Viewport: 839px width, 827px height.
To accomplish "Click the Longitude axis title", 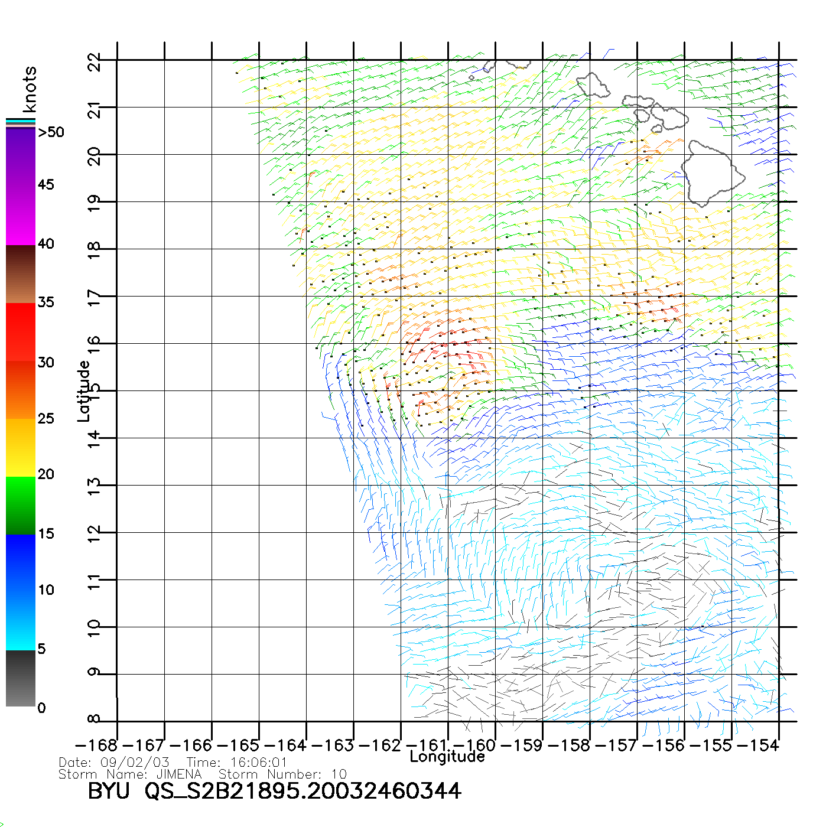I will [447, 757].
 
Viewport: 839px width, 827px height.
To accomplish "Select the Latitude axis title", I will [84, 391].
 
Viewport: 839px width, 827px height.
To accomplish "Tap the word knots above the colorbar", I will [30, 89].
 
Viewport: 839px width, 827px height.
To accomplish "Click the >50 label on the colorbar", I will [51, 132].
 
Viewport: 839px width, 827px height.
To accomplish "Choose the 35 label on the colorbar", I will [45, 302].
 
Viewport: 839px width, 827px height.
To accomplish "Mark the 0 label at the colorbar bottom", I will [41, 708].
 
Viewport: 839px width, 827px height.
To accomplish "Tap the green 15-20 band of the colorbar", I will [20, 505].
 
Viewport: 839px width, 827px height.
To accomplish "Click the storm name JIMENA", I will [179, 774].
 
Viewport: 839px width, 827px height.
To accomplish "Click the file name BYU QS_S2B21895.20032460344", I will [274, 791].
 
